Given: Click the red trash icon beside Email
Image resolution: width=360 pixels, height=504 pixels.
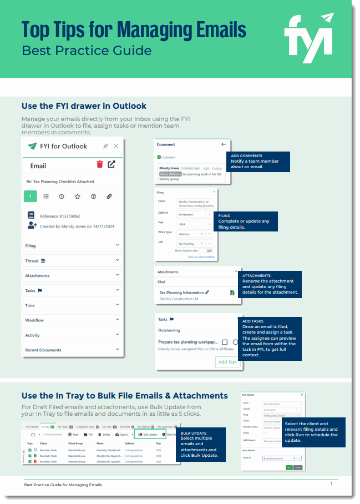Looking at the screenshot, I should pyautogui.click(x=99, y=164).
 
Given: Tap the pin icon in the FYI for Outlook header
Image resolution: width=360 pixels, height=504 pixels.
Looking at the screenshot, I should pyautogui.click(x=105, y=146).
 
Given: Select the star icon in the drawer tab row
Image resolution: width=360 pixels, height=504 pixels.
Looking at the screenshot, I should pyautogui.click(x=78, y=196).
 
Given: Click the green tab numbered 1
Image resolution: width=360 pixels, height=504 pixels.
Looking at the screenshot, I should pyautogui.click(x=31, y=196).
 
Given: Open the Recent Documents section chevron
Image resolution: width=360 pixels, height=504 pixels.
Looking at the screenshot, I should pyautogui.click(x=118, y=350).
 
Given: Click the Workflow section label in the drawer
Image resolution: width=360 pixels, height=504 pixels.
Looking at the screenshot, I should pyautogui.click(x=34, y=320).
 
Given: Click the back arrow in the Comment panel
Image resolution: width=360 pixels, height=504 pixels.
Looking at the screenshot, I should pyautogui.click(x=215, y=144).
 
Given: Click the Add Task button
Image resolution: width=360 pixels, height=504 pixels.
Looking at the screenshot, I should pyautogui.click(x=227, y=362).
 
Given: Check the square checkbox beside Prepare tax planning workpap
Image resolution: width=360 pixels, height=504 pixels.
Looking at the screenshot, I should pyautogui.click(x=225, y=342).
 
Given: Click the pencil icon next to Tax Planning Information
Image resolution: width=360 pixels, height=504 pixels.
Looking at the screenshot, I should pyautogui.click(x=207, y=292).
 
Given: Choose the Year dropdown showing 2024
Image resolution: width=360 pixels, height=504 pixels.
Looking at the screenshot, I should pyautogui.click(x=194, y=224).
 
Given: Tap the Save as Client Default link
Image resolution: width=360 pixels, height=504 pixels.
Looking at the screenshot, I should pyautogui.click(x=201, y=257).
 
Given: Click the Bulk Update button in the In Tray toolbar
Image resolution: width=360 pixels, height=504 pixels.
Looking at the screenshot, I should pyautogui.click(x=147, y=435).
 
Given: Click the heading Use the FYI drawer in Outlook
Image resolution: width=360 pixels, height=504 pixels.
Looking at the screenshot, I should pyautogui.click(x=84, y=105).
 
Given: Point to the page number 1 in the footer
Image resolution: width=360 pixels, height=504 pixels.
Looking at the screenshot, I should pyautogui.click(x=332, y=484).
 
